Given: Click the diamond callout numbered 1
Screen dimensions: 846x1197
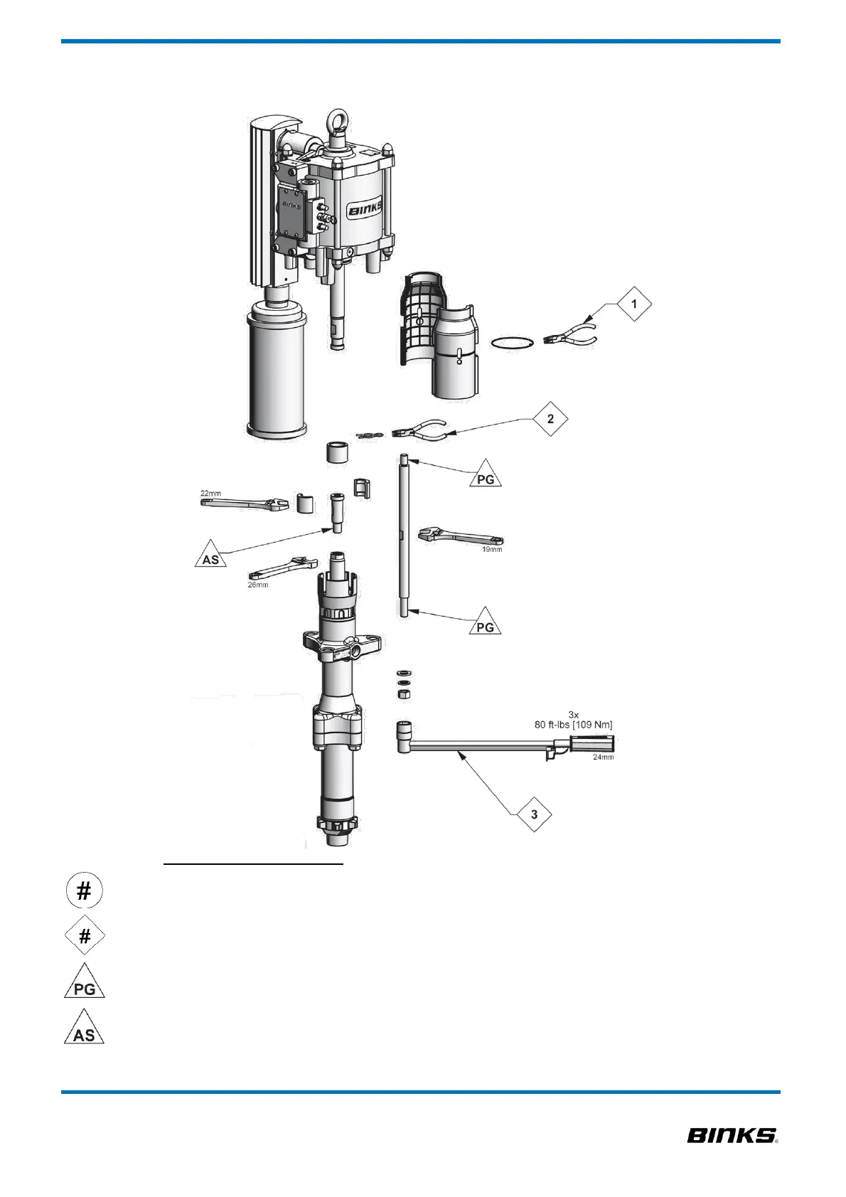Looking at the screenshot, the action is tap(634, 304).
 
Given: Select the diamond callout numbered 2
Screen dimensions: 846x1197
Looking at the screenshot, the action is tap(550, 419).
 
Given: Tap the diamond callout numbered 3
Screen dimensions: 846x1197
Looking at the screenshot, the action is tap(534, 814).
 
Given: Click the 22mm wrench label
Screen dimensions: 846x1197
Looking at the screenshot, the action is tap(210, 493).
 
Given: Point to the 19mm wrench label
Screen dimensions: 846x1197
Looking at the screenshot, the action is tap(492, 549).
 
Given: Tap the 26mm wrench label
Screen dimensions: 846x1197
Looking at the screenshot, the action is tap(258, 585).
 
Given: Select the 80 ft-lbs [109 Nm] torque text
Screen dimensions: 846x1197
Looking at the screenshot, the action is tap(573, 724).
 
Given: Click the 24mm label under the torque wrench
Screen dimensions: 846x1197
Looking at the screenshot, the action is tap(603, 757).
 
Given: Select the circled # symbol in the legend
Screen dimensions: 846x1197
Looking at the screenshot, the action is tap(84, 891).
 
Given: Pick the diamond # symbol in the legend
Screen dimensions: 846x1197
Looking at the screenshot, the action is tap(85, 936).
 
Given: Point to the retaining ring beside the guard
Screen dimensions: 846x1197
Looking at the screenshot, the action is tap(513, 343).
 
